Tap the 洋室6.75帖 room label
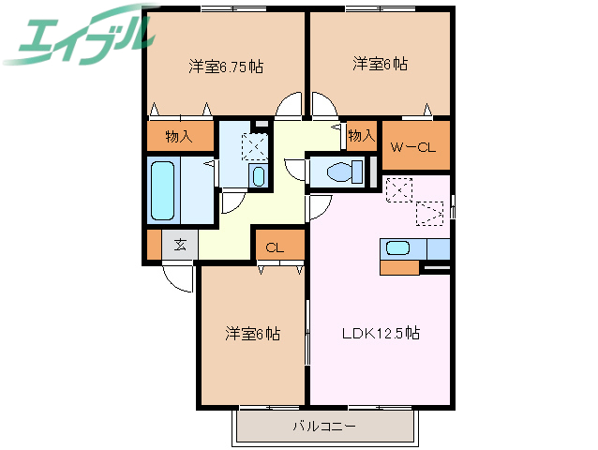(x=225, y=67)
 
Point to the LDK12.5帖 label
(x=380, y=333)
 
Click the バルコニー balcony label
(x=323, y=427)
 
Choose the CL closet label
(x=275, y=248)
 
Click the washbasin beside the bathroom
(x=258, y=175)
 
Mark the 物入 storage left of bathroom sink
(x=178, y=137)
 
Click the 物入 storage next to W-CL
(x=361, y=137)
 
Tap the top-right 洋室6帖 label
(x=380, y=65)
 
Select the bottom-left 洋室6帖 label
(x=252, y=334)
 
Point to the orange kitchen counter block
(x=399, y=267)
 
